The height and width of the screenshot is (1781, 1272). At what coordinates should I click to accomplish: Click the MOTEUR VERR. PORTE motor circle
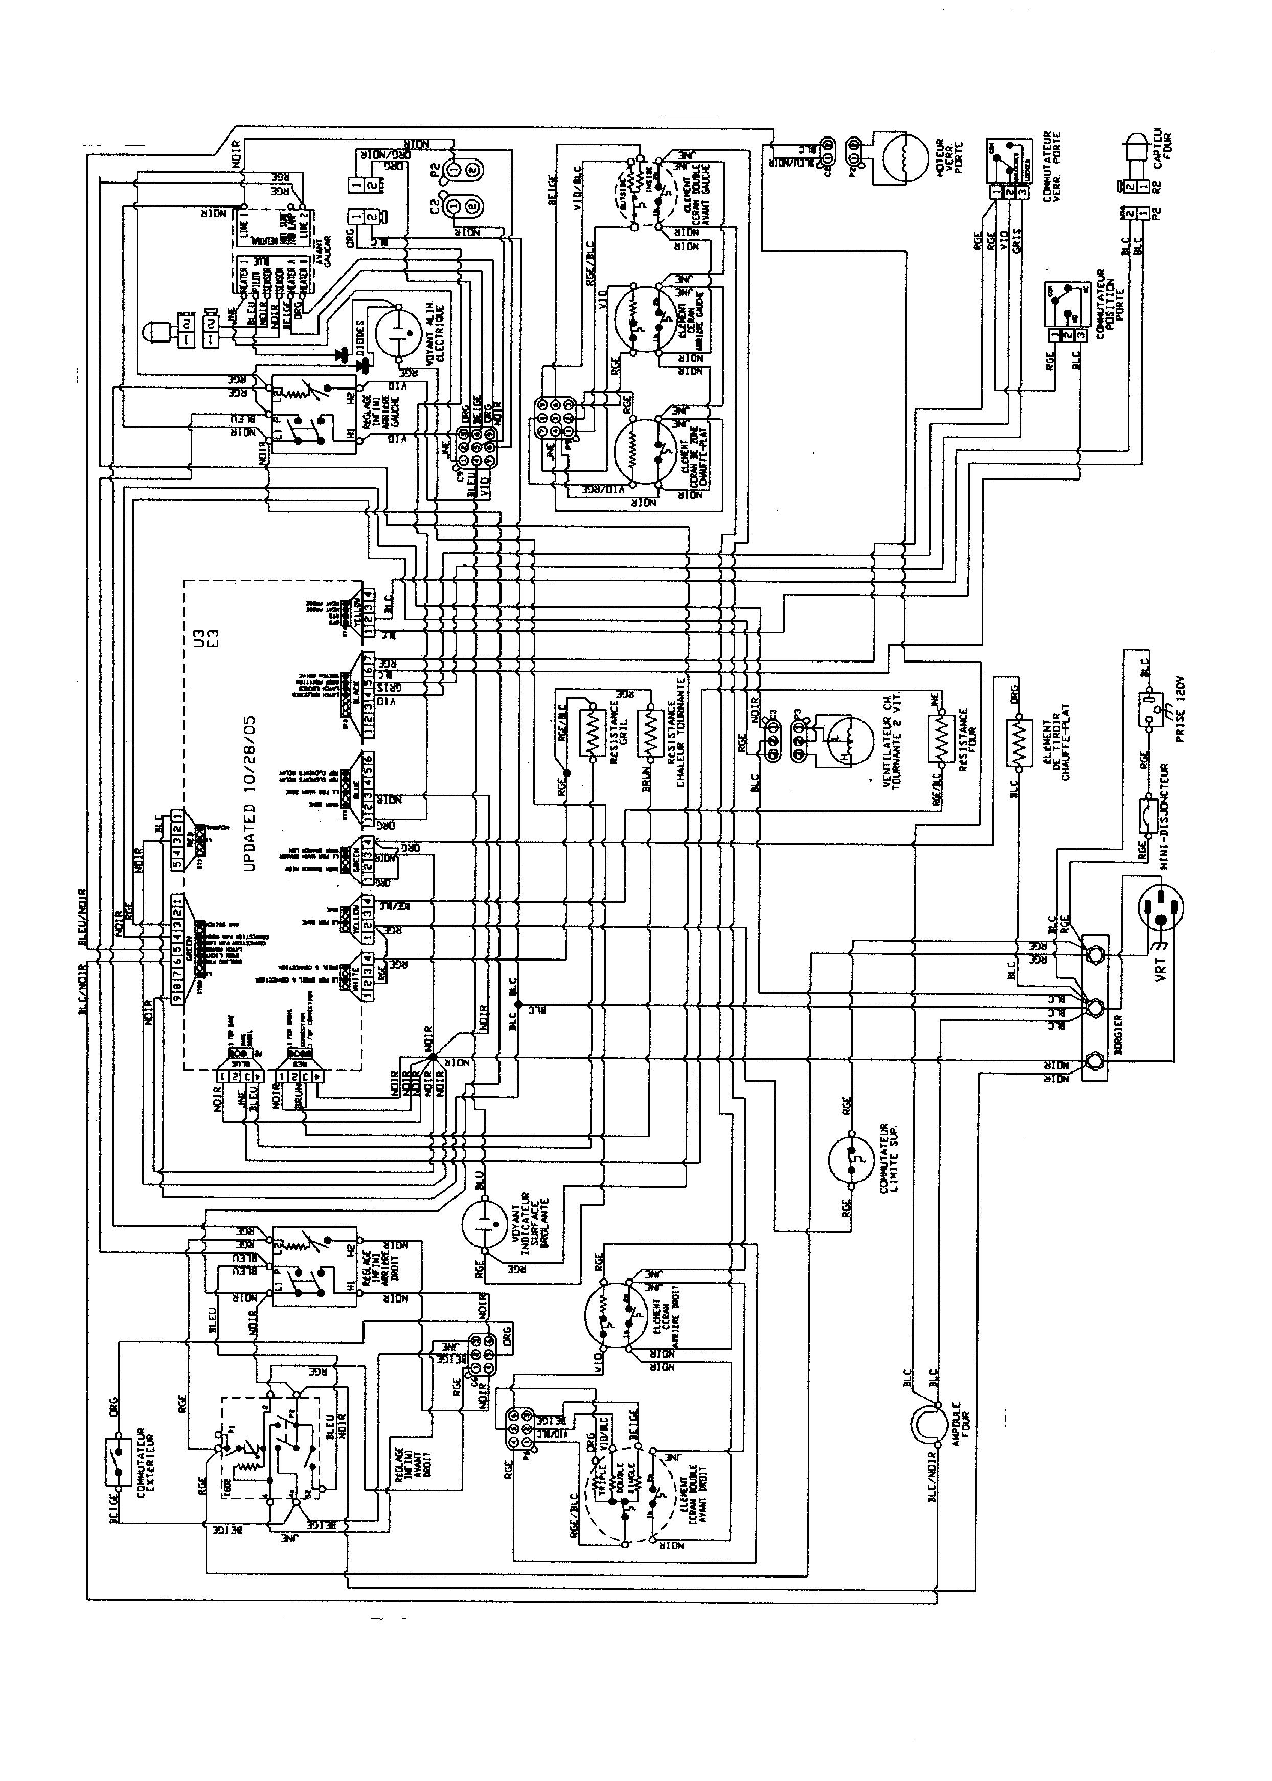click(x=901, y=154)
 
